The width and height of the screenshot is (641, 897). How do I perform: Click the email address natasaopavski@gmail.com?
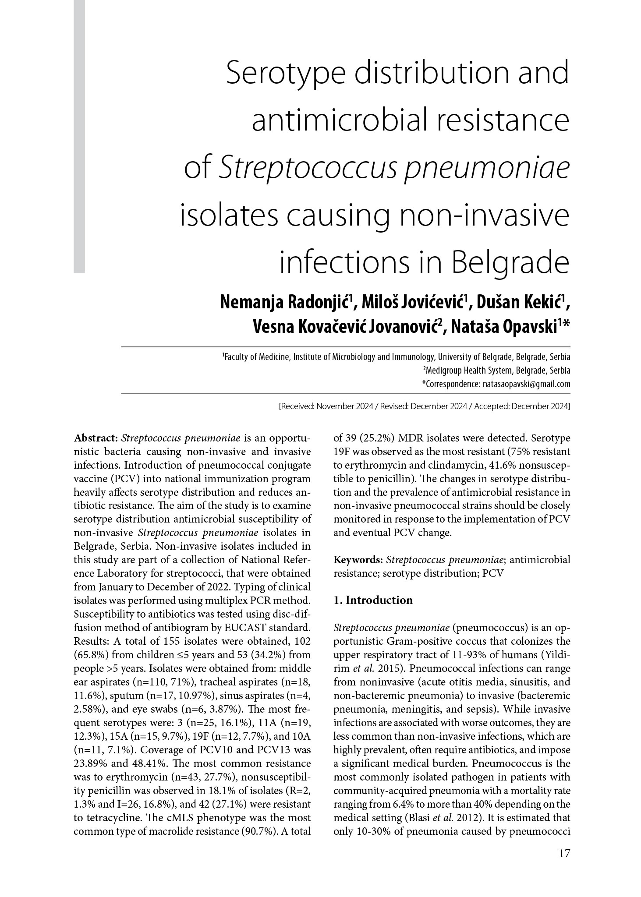pos(526,385)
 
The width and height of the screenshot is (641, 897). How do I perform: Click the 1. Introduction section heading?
pos(373,600)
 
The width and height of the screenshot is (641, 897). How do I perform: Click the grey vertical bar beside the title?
pos(79,136)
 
